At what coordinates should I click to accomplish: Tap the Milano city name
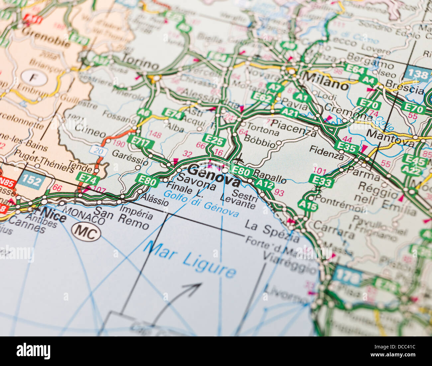pyautogui.click(x=326, y=81)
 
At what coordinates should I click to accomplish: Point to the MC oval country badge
pyautogui.click(x=86, y=232)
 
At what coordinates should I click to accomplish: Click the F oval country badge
pyautogui.click(x=34, y=78)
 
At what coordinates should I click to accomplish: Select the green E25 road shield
pyautogui.click(x=214, y=140)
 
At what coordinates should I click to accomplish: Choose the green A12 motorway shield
pyautogui.click(x=265, y=183)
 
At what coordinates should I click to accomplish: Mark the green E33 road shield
pyautogui.click(x=321, y=181)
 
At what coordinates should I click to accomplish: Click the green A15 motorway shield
pyautogui.click(x=307, y=205)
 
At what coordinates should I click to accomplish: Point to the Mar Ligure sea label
pyautogui.click(x=190, y=259)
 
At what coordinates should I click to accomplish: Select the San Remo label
pyautogui.click(x=121, y=218)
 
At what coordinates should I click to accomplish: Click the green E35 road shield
pyautogui.click(x=346, y=146)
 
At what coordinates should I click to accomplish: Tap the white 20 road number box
pyautogui.click(x=98, y=151)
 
